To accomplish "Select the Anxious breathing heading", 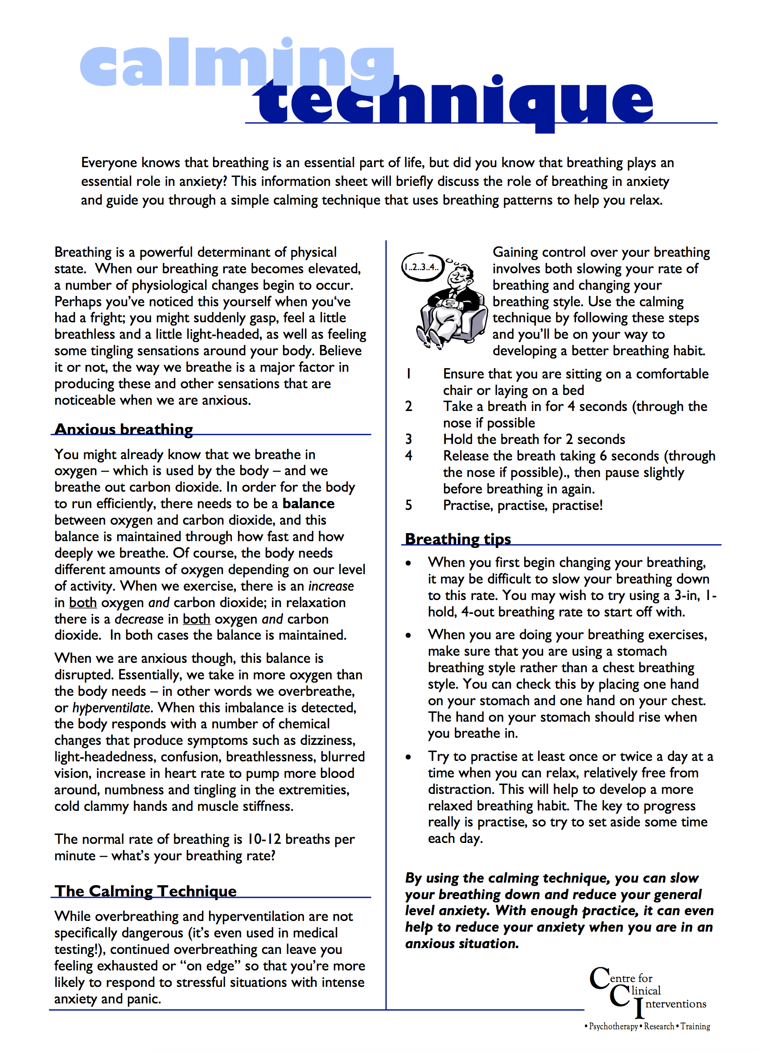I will coord(123,429).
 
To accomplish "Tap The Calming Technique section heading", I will coord(146,891).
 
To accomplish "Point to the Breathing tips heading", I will coord(458,539).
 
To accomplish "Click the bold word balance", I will coord(309,504).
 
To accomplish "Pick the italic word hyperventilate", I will coord(112,708).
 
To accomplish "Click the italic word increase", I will coord(331,586).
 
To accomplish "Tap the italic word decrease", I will coord(139,619).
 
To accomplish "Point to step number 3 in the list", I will coord(409,439).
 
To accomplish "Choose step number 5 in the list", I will coord(409,505).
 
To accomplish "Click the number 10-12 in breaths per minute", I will coord(263,839).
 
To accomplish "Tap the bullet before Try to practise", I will coord(408,757).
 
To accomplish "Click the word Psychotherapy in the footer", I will coord(613,1027).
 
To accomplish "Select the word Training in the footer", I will coord(695,1027).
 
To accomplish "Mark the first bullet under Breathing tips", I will coord(408,563).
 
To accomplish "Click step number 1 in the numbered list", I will coord(409,374).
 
